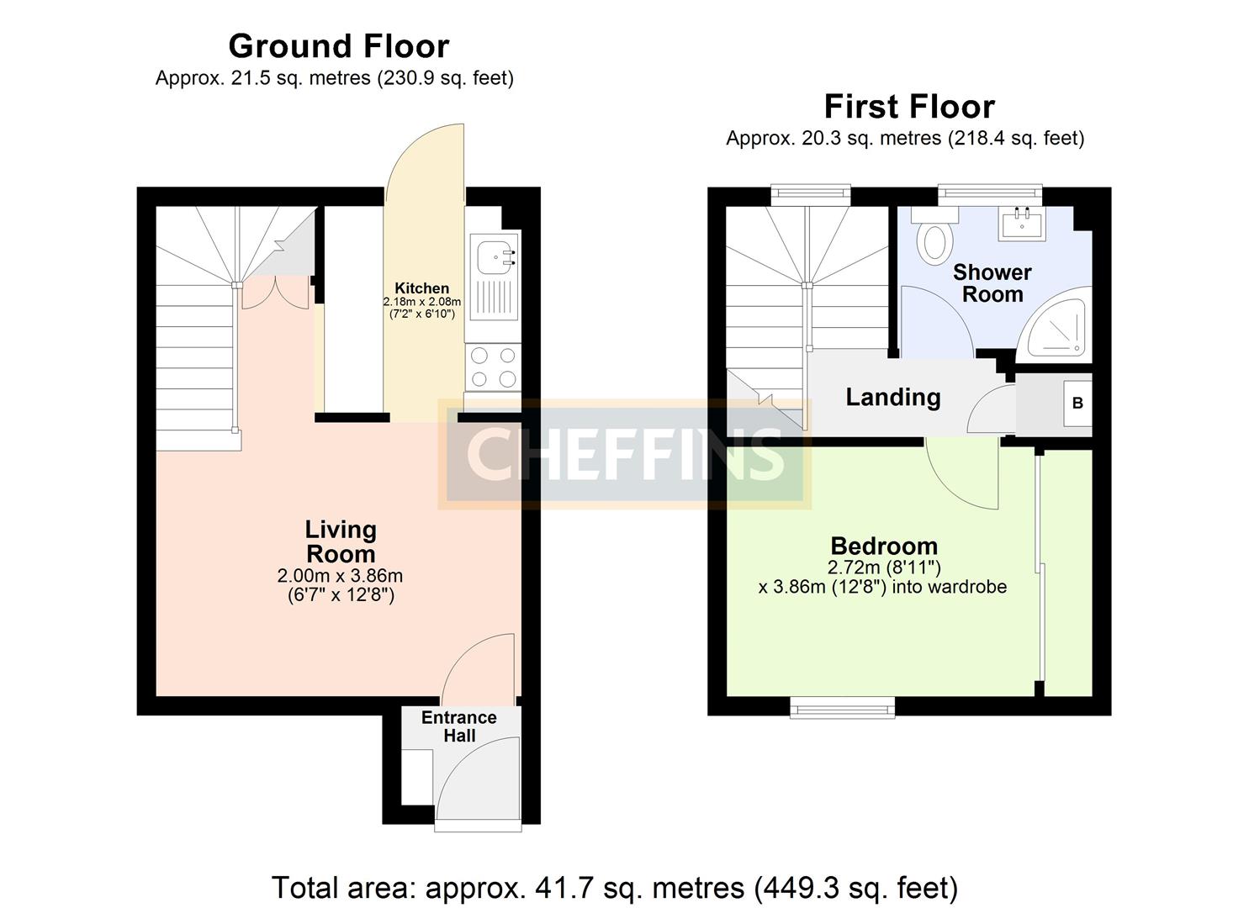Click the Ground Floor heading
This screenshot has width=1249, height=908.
338,45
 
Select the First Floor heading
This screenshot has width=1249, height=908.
909,107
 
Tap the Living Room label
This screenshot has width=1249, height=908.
340,541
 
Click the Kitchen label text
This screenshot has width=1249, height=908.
422,288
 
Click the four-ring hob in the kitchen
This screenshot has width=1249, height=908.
494,367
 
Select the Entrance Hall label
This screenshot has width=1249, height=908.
459,726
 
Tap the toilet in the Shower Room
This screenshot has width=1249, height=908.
934,238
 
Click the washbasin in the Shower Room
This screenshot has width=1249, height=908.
1023,224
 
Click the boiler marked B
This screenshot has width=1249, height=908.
1077,403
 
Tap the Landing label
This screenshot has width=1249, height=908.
892,397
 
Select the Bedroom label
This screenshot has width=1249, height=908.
884,546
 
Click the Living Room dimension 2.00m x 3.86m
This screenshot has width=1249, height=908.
340,576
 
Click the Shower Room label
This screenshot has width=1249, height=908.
992,283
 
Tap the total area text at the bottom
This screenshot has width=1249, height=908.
615,887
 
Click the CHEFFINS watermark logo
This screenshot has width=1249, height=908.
624,454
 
